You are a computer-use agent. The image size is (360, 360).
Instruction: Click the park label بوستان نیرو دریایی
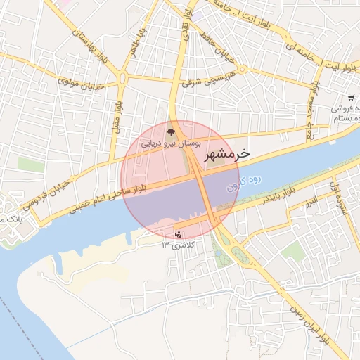click(172, 143)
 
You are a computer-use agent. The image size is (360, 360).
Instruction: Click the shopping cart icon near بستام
click(350, 98)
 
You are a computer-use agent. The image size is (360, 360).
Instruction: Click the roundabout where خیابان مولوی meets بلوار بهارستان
click(123, 77)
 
